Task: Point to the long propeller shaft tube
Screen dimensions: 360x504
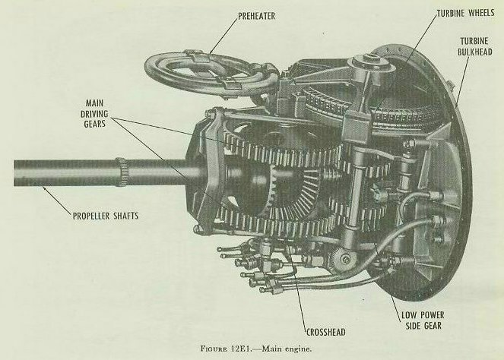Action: pos(61,172)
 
